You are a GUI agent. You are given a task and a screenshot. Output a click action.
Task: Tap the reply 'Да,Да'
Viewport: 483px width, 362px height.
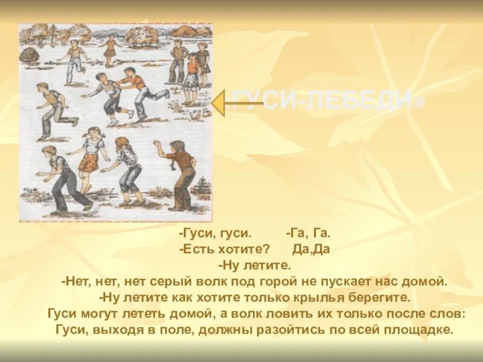tap(311, 249)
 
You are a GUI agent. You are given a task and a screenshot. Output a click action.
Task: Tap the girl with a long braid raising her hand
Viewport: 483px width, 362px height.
tap(179, 172)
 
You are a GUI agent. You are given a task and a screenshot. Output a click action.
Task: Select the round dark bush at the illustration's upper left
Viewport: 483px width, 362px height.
tap(30, 55)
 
